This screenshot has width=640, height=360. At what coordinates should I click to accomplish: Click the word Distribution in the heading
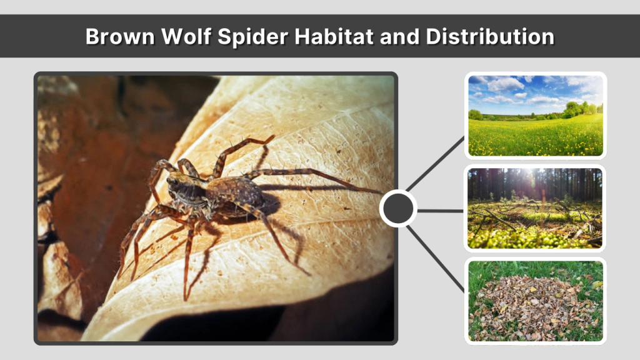[x=490, y=36]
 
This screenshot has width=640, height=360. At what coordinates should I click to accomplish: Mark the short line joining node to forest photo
[x=440, y=210]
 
